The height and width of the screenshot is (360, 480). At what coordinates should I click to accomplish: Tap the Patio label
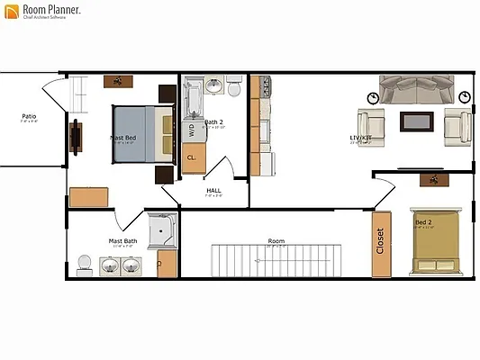coord(29,116)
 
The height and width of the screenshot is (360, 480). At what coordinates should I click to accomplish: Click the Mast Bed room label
coord(122,138)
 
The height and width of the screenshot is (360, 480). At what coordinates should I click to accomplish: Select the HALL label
coord(213,190)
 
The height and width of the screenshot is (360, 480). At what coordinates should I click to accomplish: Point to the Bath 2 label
coord(213,121)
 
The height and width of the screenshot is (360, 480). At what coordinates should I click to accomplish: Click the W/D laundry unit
coord(191,130)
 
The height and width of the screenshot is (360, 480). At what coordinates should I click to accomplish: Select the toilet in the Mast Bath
coord(85,264)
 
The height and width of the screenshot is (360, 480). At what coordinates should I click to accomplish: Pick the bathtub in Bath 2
coord(194,97)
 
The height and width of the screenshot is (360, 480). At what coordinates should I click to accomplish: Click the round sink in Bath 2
coord(214,86)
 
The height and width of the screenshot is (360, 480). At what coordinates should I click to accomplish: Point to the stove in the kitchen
coord(266,87)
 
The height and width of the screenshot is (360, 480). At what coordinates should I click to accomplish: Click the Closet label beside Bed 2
coord(380,241)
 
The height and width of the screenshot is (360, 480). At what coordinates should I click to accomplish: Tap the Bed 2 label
coord(422,221)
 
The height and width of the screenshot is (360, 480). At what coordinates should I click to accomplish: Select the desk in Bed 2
coord(436,179)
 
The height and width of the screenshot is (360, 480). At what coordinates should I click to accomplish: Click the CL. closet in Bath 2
coord(191,157)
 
